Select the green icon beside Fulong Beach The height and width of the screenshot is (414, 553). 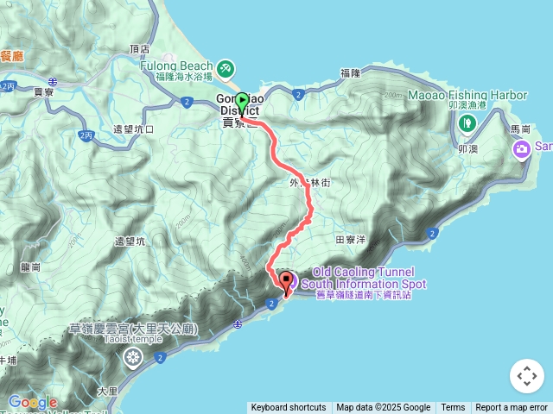[x=225, y=67]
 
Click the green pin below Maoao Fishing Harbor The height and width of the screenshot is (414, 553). [x=467, y=122]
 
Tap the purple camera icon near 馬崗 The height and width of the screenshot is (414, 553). [x=522, y=150]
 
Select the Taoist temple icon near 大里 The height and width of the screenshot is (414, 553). [x=133, y=357]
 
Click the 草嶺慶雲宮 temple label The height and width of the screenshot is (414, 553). [x=134, y=329]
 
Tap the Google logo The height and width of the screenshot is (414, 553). [x=32, y=402]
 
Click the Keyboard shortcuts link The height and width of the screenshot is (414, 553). [x=289, y=408]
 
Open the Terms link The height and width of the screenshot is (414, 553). [x=453, y=408]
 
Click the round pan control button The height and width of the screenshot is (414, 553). [x=527, y=376]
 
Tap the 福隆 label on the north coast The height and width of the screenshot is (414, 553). [x=350, y=74]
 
